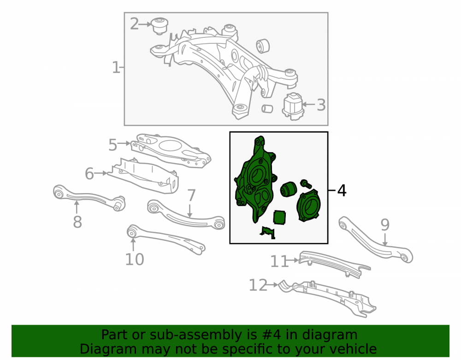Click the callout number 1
pyautogui.click(x=116, y=68)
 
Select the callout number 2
pyautogui.click(x=134, y=24)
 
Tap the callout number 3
pyautogui.click(x=321, y=105)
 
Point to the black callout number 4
pyautogui.click(x=342, y=190)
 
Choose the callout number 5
pyautogui.click(x=113, y=145)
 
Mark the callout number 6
pyautogui.click(x=89, y=173)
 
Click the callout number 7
pyautogui.click(x=191, y=195)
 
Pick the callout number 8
pyautogui.click(x=77, y=222)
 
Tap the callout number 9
pyautogui.click(x=385, y=225)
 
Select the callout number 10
pyautogui.click(x=135, y=259)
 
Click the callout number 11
pyautogui.click(x=279, y=261)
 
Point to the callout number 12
pyautogui.click(x=258, y=285)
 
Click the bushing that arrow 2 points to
pyautogui.click(x=160, y=26)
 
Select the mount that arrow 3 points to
pyautogui.click(x=293, y=106)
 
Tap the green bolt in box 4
pyautogui.click(x=306, y=184)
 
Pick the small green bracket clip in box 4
pyautogui.click(x=267, y=232)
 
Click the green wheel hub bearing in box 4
pyautogui.click(x=308, y=205)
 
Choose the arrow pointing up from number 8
pyautogui.click(x=77, y=207)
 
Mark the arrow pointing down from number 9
pyautogui.click(x=385, y=240)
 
